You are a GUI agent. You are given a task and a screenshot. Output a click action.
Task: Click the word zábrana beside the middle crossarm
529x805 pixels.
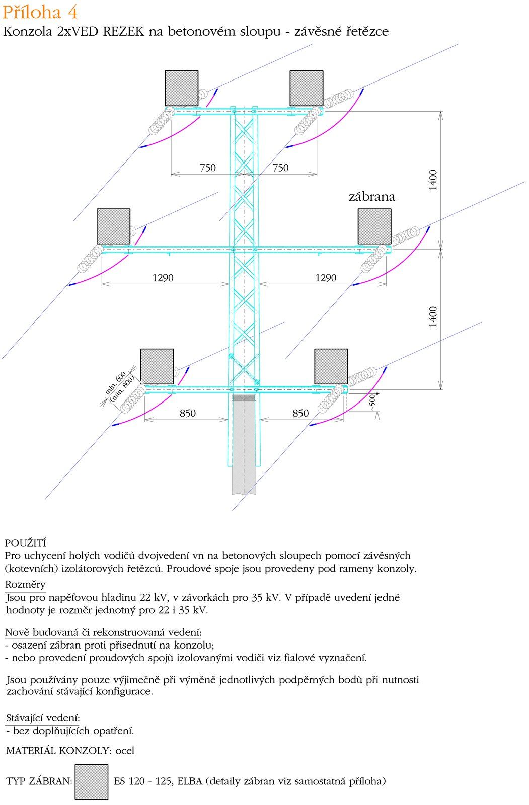click(371, 197)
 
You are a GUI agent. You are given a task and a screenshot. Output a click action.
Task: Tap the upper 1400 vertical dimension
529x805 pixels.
click(433, 180)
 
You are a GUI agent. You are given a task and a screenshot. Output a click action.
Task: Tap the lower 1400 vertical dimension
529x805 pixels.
click(433, 316)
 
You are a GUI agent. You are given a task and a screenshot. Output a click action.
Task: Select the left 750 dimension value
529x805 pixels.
click(207, 168)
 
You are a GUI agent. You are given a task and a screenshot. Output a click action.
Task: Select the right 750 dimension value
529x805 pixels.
click(280, 168)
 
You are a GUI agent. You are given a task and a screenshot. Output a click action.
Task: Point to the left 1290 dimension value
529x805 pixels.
click(163, 278)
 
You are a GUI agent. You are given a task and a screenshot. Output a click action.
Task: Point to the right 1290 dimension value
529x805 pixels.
click(326, 278)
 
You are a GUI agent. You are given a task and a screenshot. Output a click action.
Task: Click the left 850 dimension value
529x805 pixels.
click(187, 413)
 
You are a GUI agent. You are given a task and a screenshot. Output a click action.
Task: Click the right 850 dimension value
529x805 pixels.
click(300, 413)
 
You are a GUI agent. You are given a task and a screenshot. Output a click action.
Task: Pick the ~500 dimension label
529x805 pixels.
click(372, 403)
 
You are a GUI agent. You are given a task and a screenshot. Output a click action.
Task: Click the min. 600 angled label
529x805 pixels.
click(115, 383)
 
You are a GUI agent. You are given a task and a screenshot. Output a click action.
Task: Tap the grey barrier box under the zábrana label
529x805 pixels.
click(374, 226)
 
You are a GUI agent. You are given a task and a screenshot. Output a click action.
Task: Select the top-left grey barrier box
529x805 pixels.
click(182, 88)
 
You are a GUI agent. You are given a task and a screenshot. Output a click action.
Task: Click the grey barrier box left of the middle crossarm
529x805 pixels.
click(113, 226)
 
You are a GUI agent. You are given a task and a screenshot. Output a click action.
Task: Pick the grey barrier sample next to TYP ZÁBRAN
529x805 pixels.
click(91, 782)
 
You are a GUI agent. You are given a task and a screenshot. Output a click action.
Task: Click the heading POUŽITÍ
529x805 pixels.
click(25, 543)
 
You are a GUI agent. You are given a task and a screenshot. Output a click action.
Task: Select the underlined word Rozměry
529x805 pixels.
click(25, 585)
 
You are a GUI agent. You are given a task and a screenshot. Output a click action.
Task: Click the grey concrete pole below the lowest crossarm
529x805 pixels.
click(244, 453)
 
